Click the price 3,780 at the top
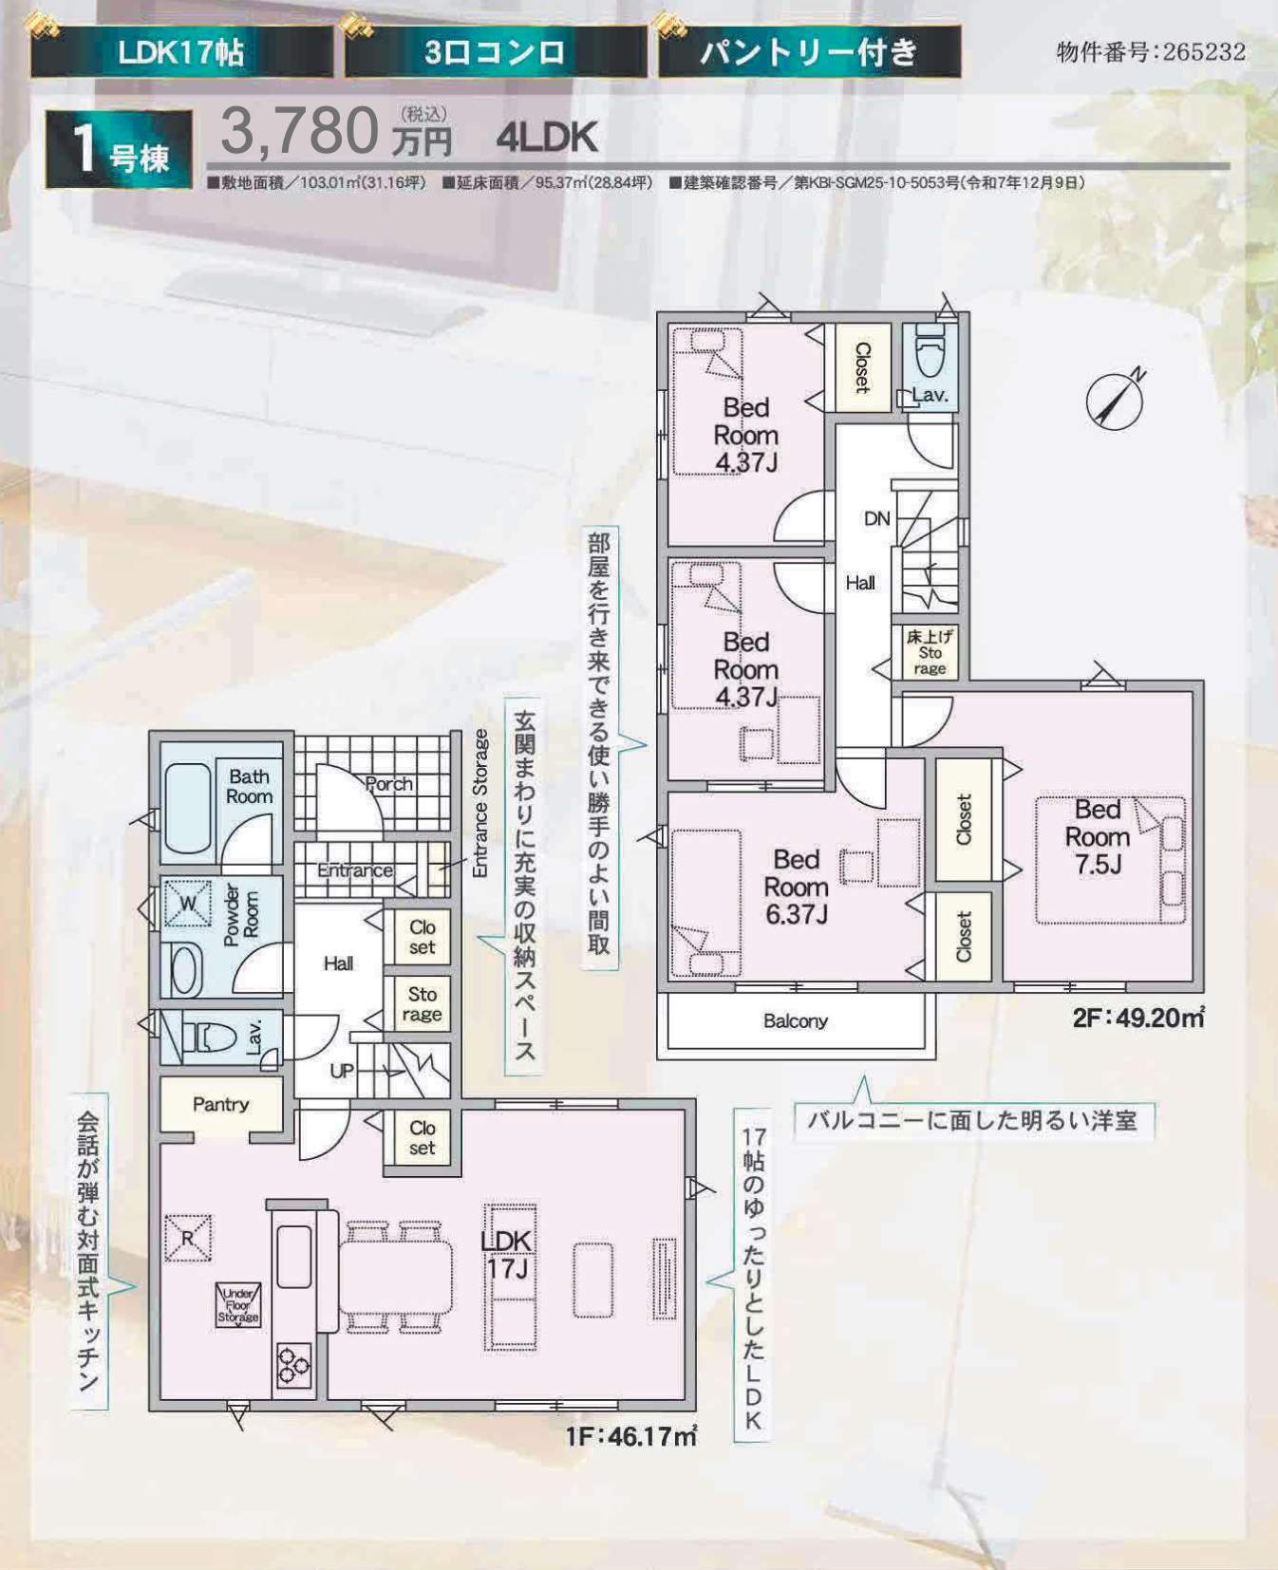tap(299, 131)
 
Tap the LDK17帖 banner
tap(181, 51)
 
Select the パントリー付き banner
tap(809, 51)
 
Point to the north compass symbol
tap(1115, 400)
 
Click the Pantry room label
tap(220, 1104)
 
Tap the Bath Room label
tap(249, 787)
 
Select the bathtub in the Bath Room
tap(188, 809)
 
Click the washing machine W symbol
tap(188, 903)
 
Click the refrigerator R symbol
tap(187, 1238)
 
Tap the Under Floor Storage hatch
tap(237, 1305)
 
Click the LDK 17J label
tap(507, 1254)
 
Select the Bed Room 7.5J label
tap(1098, 836)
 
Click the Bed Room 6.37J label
tap(796, 887)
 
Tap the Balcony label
tap(795, 1021)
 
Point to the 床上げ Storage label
tap(930, 652)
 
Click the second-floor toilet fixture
tap(930, 354)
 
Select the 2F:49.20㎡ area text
tap(1138, 1019)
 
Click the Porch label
tap(388, 784)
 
